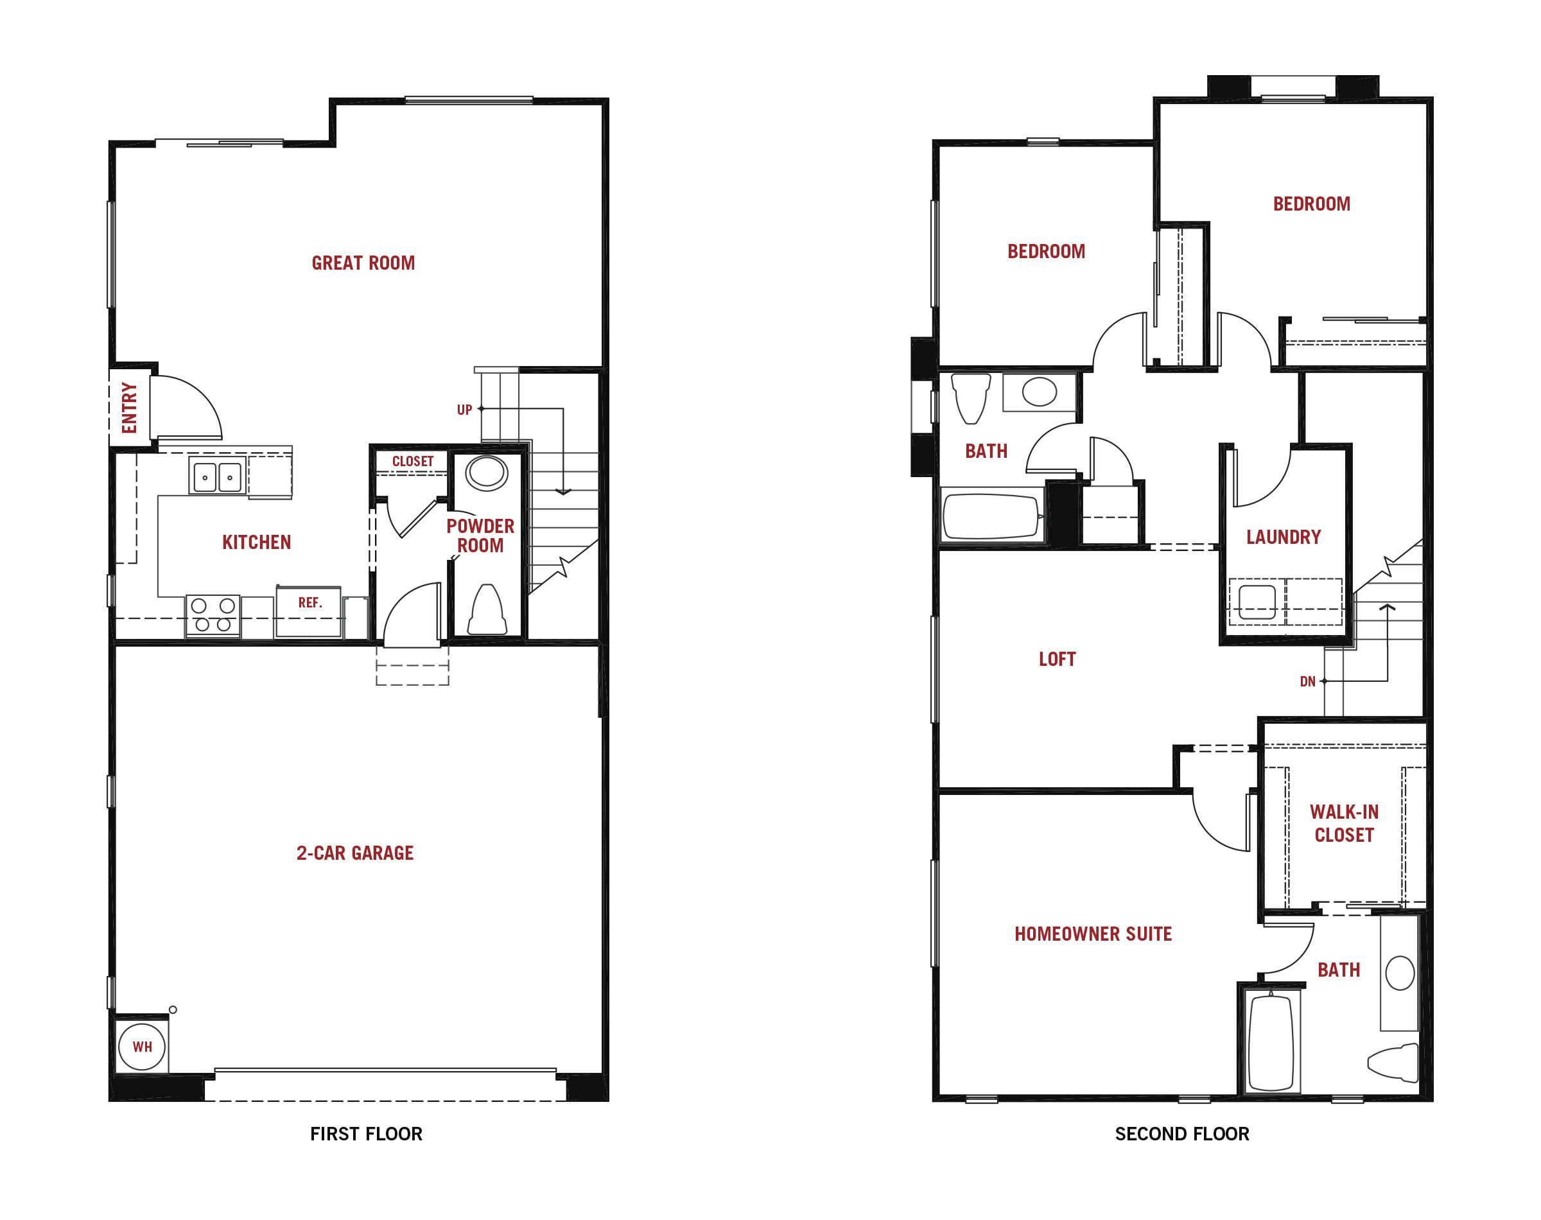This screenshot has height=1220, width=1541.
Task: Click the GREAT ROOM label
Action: (x=363, y=263)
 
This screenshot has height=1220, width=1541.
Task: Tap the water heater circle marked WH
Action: (x=142, y=1047)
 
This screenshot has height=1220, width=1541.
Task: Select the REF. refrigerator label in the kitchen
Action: (x=310, y=603)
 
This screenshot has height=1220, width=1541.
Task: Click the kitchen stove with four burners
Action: (x=213, y=615)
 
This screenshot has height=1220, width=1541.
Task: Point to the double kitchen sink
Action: (x=217, y=476)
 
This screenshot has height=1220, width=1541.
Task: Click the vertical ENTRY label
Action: (x=129, y=408)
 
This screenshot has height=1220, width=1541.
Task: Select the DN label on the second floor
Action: (x=1307, y=681)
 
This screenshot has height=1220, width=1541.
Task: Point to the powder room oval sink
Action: (x=487, y=472)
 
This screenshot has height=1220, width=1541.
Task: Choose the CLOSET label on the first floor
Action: (x=413, y=462)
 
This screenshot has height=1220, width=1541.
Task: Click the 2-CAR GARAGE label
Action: (x=355, y=853)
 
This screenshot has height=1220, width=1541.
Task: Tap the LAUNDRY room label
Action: (x=1284, y=537)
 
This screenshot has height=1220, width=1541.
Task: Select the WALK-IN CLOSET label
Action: (x=1344, y=824)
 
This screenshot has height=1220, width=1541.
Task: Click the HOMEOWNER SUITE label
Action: (x=1093, y=934)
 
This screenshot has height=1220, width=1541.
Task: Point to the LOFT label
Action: (x=1057, y=659)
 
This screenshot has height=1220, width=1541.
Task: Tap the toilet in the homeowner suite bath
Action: (x=1393, y=1062)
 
